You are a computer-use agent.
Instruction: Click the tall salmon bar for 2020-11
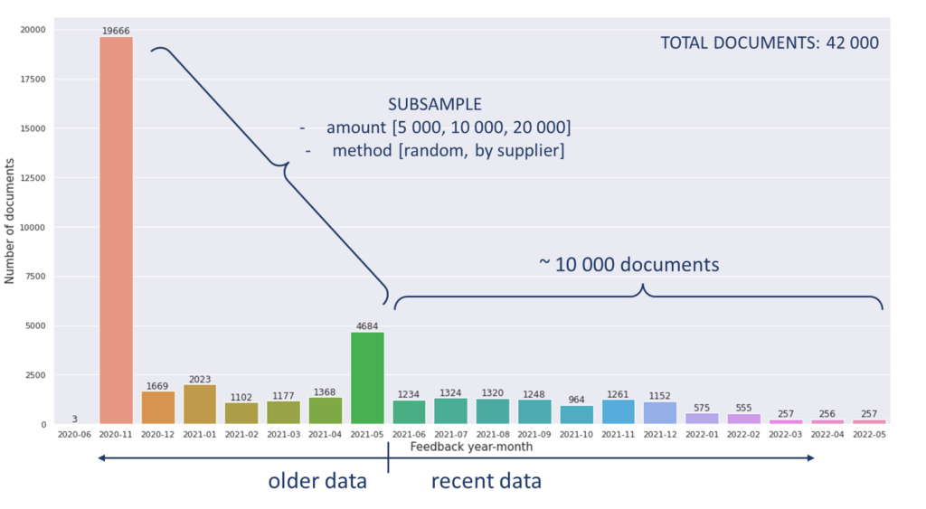click(x=116, y=231)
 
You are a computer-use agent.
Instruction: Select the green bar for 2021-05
click(x=367, y=378)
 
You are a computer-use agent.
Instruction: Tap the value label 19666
click(x=116, y=31)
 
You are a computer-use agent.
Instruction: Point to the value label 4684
click(x=367, y=326)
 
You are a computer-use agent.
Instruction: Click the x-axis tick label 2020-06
click(x=74, y=434)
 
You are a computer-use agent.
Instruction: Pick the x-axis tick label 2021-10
click(x=576, y=434)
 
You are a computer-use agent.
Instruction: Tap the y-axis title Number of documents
click(x=10, y=222)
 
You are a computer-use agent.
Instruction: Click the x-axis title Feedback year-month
click(x=471, y=447)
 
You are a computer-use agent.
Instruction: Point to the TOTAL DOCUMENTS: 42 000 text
click(x=769, y=42)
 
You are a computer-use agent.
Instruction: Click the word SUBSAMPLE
click(x=435, y=105)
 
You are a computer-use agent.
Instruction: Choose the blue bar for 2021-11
click(x=619, y=411)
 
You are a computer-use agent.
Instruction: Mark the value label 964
click(x=576, y=400)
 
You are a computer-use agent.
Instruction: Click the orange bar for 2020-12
click(x=158, y=407)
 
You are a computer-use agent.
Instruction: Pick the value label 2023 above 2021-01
click(x=200, y=379)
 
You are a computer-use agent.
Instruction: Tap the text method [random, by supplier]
click(x=448, y=151)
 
